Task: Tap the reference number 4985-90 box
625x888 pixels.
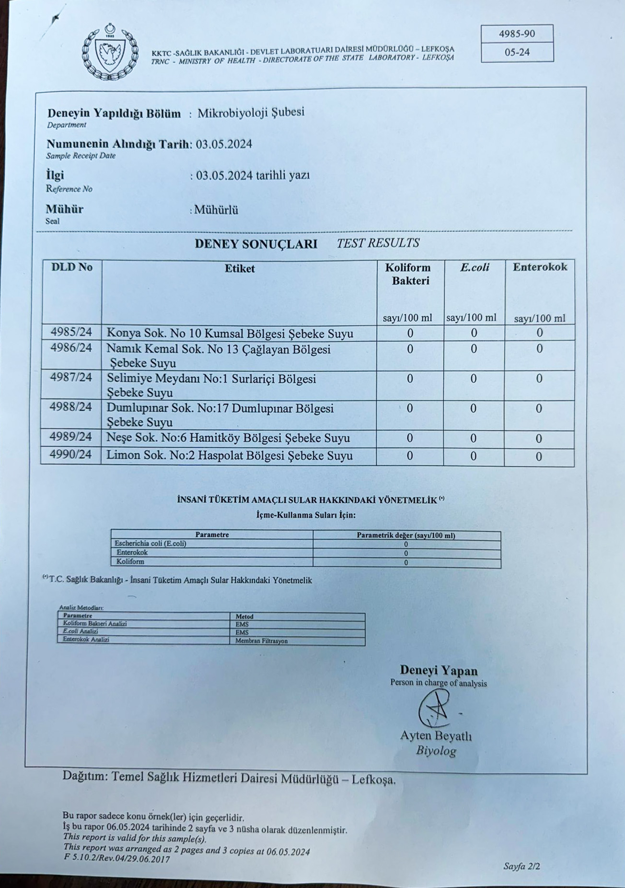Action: [x=517, y=34]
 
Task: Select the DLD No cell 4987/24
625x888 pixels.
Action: [x=71, y=378]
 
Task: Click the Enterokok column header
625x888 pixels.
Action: [x=540, y=267]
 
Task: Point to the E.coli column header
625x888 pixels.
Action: [x=474, y=267]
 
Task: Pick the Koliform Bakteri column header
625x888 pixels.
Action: [x=408, y=274]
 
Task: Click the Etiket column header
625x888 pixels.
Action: [x=240, y=269]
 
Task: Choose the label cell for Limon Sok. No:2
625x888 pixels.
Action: [x=230, y=456]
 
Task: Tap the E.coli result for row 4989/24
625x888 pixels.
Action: [x=474, y=438]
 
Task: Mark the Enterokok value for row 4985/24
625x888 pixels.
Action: [x=540, y=333]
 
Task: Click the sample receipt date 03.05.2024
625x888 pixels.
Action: [x=224, y=144]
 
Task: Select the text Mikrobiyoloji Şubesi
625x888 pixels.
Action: [x=251, y=113]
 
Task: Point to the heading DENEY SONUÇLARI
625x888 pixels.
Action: [x=255, y=244]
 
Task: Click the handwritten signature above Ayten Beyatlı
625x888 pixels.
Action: [x=435, y=710]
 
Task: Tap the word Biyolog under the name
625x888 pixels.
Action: [x=436, y=751]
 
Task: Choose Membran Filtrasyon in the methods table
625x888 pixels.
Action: [x=261, y=641]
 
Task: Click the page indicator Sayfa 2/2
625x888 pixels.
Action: [x=521, y=866]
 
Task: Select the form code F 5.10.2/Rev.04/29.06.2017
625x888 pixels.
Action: [x=117, y=859]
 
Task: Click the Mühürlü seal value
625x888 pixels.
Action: [x=216, y=210]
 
